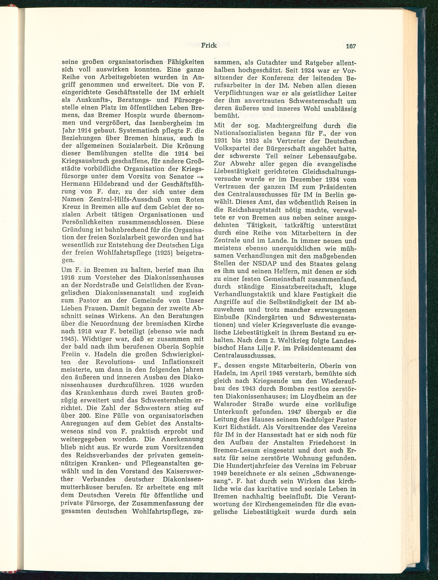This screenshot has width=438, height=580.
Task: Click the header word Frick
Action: coord(209,45)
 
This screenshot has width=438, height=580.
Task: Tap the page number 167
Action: coord(351,46)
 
